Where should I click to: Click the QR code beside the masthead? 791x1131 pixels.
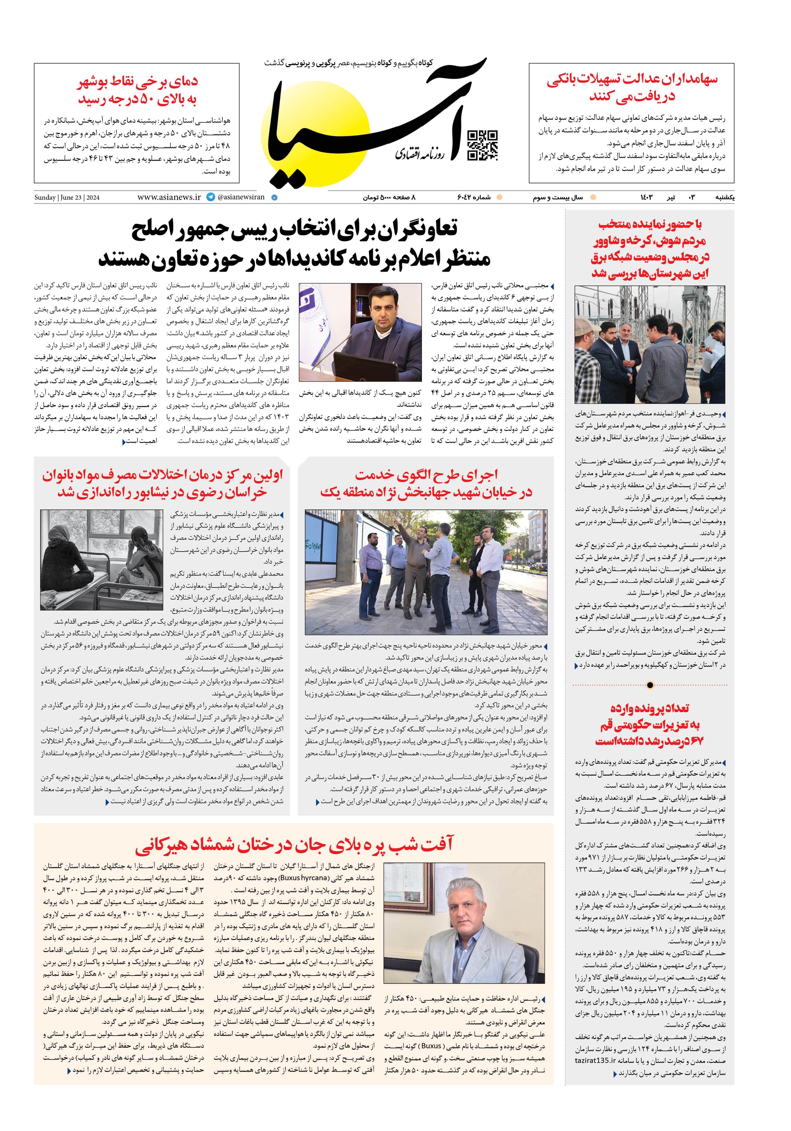tap(482, 146)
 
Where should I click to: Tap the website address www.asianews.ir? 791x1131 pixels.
tap(169, 197)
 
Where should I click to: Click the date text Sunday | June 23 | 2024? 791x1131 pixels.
tap(67, 198)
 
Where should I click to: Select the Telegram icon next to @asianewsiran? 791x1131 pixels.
tap(211, 197)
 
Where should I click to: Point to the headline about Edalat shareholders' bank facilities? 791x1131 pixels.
tap(632, 87)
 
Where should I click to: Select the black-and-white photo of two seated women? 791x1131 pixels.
tap(102, 560)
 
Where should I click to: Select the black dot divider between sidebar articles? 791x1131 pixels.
tap(650, 685)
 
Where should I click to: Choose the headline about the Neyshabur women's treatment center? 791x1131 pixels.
tap(162, 484)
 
